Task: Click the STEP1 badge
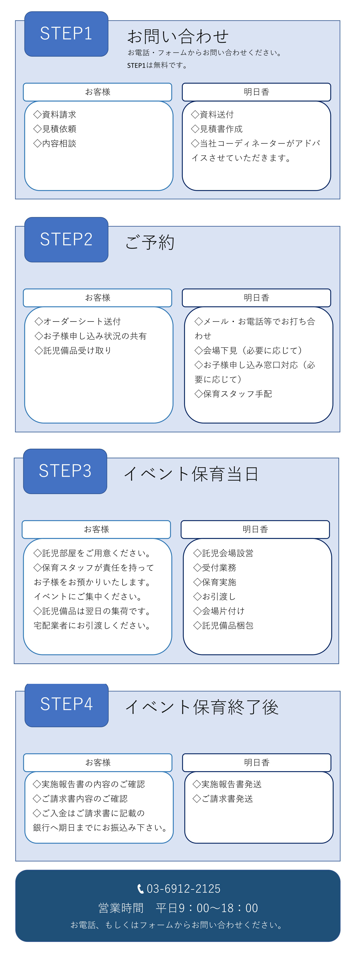pos(66,34)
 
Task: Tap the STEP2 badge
pos(66,240)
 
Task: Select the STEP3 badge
pos(65,471)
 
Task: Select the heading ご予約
pos(150,242)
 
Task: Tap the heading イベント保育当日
pos(191,474)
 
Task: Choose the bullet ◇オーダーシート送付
pos(78,322)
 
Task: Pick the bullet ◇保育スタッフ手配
pos(233,394)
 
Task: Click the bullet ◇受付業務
pos(215,568)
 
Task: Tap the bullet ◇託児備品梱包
pos(223,626)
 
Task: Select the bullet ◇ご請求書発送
pos(223,799)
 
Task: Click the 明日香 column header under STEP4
pos(257,762)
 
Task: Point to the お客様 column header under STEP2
pos(98,298)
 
